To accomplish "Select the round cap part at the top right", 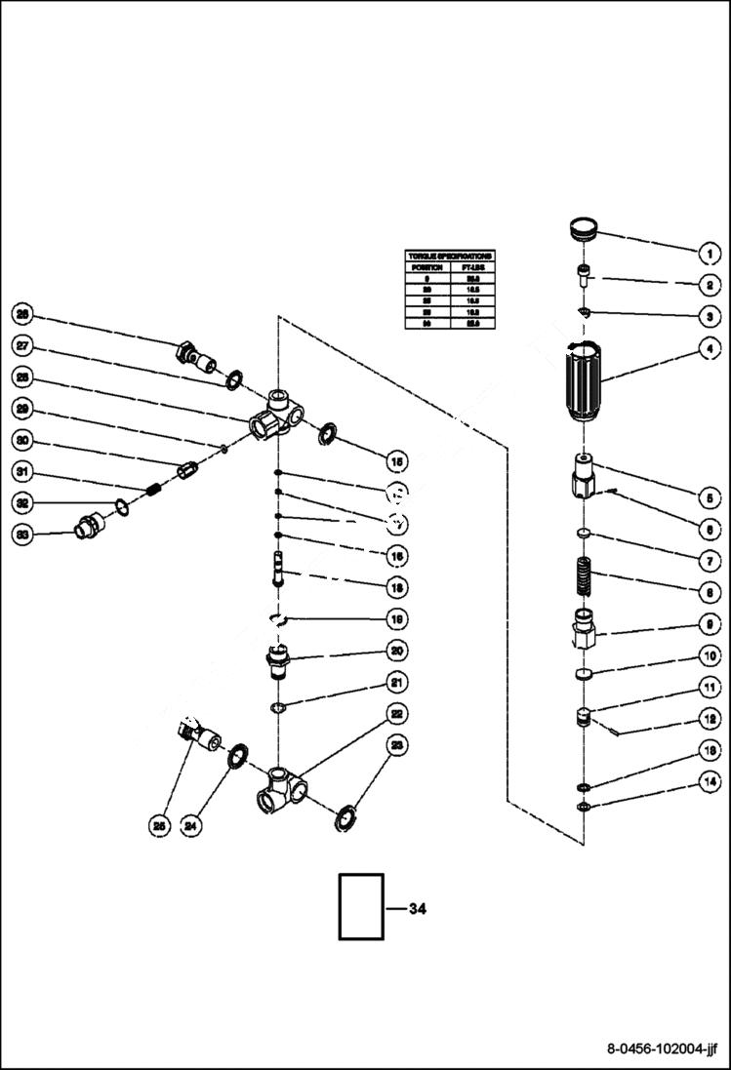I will coord(583,230).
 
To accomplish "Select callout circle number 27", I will coord(22,345).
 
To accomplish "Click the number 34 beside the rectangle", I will coord(417,908).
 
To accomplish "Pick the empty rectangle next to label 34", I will coord(361,906).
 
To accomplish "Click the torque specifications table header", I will coord(450,256).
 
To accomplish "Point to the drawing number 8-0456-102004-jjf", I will coord(662,1050).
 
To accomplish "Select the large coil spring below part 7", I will coord(583,575).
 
